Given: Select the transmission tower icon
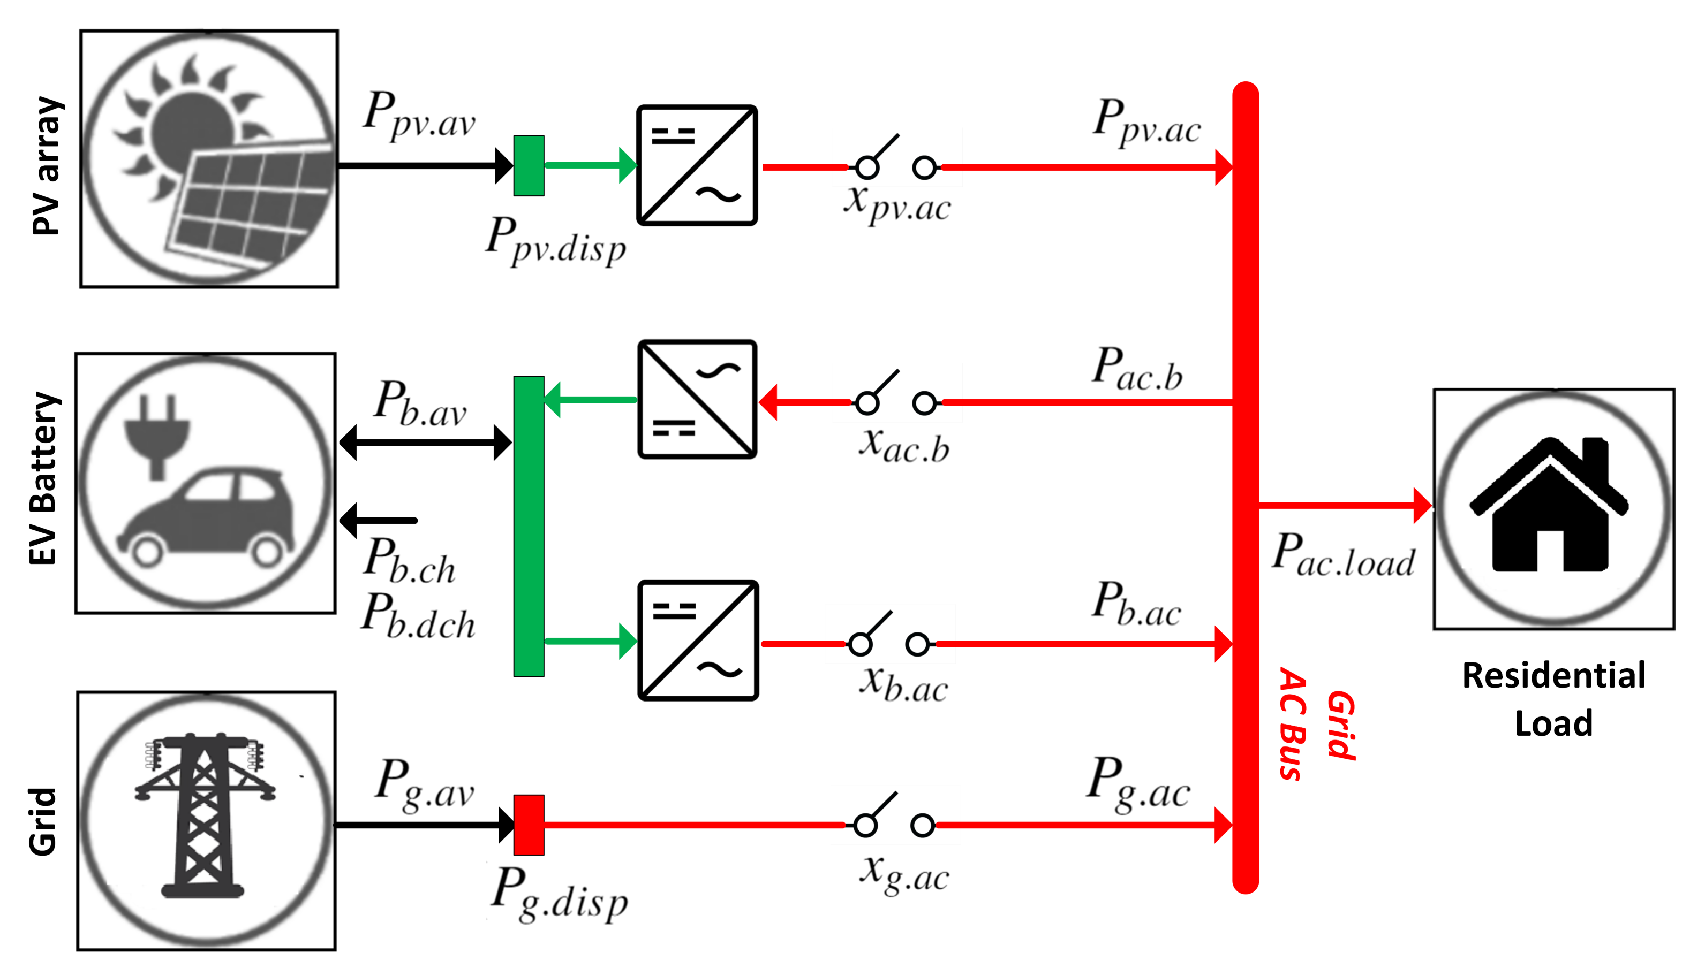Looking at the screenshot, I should pyautogui.click(x=203, y=814).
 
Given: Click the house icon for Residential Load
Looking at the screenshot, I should pyautogui.click(x=1549, y=506).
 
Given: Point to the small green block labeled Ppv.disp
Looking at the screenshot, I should pyautogui.click(x=529, y=165).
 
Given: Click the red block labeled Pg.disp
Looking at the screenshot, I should pyautogui.click(x=529, y=825).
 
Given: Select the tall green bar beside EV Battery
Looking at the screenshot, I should pyautogui.click(x=529, y=526).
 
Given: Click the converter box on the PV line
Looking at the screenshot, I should pyautogui.click(x=697, y=165).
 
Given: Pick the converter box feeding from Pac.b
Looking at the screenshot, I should pyautogui.click(x=697, y=400).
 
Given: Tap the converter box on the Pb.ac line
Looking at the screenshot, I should pyautogui.click(x=698, y=640).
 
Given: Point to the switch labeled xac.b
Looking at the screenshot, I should pyautogui.click(x=895, y=398).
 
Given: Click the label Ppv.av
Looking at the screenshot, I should pyautogui.click(x=419, y=115).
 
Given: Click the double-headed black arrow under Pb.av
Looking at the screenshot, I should pyautogui.click(x=425, y=443).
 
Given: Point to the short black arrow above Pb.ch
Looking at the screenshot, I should pyautogui.click(x=379, y=520).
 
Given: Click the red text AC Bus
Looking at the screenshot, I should pyautogui.click(x=1291, y=724).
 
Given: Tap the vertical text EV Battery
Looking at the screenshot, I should pyautogui.click(x=43, y=478).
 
